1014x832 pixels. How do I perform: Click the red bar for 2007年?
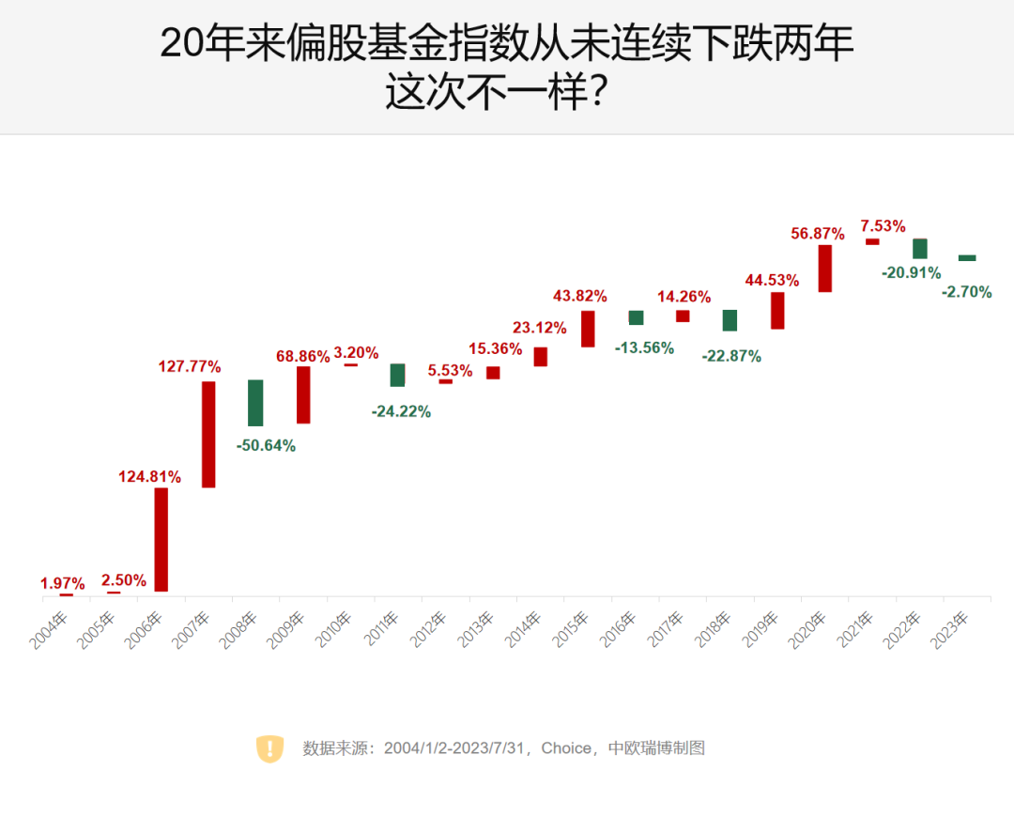tap(208, 434)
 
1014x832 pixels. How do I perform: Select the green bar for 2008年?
tap(255, 403)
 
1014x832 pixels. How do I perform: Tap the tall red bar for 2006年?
tap(161, 539)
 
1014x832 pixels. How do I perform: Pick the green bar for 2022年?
tap(920, 249)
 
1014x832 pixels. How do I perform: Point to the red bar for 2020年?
tap(824, 269)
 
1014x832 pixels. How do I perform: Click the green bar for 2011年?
tap(398, 375)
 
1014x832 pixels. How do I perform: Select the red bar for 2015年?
tap(588, 329)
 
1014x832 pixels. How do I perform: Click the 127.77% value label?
tap(189, 366)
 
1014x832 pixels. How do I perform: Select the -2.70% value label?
tap(966, 292)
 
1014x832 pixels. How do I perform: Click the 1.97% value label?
tap(63, 584)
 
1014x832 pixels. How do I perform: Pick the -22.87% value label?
tap(731, 357)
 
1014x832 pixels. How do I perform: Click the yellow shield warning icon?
tap(269, 748)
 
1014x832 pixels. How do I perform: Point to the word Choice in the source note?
tap(566, 748)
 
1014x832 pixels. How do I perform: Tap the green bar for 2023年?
tap(967, 257)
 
